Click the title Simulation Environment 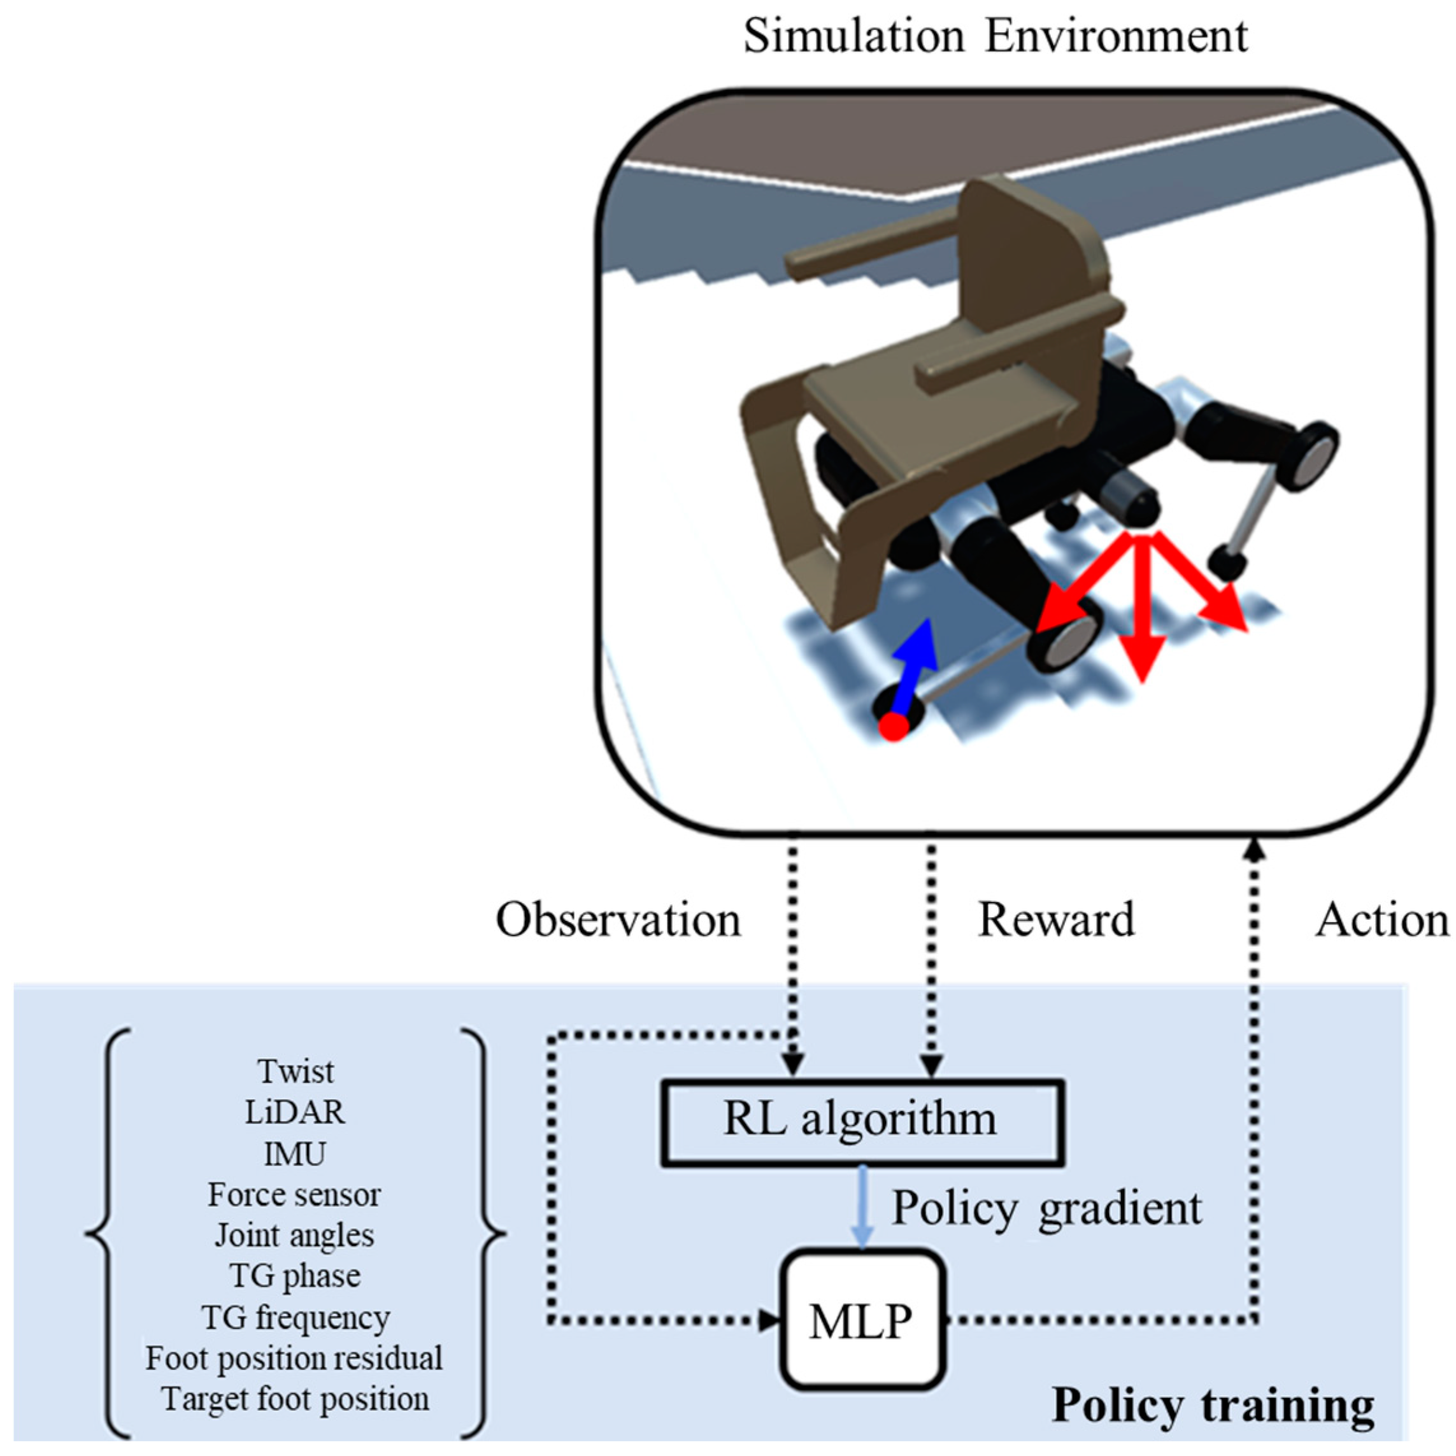pyautogui.click(x=995, y=36)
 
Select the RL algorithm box pyautogui.click(x=861, y=1122)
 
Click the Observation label pyautogui.click(x=618, y=920)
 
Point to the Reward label pyautogui.click(x=1055, y=920)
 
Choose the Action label pyautogui.click(x=1382, y=920)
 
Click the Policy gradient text pyautogui.click(x=1046, y=1208)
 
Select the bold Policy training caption pyautogui.click(x=1213, y=1406)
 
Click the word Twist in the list pyautogui.click(x=295, y=1071)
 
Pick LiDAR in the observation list pyautogui.click(x=295, y=1111)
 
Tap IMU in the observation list pyautogui.click(x=295, y=1153)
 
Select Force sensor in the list pyautogui.click(x=295, y=1194)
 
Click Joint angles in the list pyautogui.click(x=295, y=1235)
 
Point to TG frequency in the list pyautogui.click(x=295, y=1317)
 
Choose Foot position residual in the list pyautogui.click(x=295, y=1358)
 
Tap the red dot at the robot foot pyautogui.click(x=894, y=727)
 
